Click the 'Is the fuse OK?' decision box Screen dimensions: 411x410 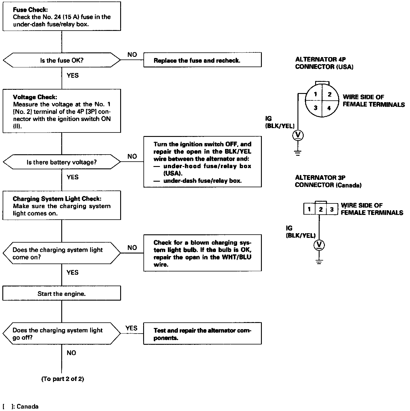(x=62, y=60)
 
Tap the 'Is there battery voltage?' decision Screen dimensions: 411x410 (x=62, y=162)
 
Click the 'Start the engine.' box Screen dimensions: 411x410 (x=62, y=294)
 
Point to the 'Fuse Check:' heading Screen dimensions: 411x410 (x=30, y=10)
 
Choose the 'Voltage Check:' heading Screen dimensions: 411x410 (x=35, y=97)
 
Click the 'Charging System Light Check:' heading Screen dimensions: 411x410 (x=57, y=199)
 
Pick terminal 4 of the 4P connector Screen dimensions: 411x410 (x=329, y=108)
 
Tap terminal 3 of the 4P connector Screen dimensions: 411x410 (x=315, y=108)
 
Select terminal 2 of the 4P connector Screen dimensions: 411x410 (x=329, y=94)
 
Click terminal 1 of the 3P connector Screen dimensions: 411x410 (x=309, y=209)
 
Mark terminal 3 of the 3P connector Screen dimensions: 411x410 (x=332, y=209)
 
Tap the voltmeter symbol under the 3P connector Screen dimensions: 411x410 (x=319, y=245)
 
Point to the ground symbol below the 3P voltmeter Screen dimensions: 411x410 (x=319, y=261)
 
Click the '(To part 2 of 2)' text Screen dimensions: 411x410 (x=62, y=379)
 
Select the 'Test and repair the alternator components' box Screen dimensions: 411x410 (x=202, y=334)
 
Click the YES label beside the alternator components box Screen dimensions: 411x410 (x=131, y=328)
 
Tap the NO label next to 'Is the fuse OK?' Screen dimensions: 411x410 (x=132, y=54)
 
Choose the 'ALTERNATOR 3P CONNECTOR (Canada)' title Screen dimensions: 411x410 (x=328, y=181)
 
